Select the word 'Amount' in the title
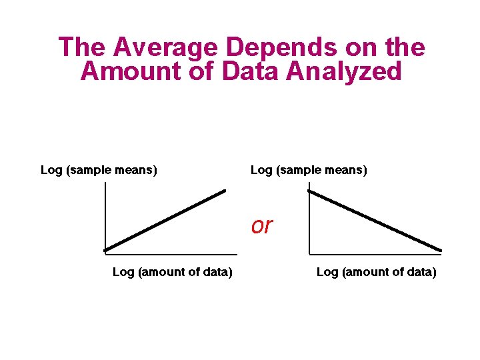point(129,71)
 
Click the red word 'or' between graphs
point(262,226)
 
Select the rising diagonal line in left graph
point(165,221)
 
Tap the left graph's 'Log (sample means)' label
point(99,170)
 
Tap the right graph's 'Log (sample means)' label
point(309,170)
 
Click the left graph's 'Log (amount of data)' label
point(172,272)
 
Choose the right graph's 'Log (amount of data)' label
point(376,272)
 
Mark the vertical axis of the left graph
point(105,213)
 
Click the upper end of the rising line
point(225,191)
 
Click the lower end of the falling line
point(440,251)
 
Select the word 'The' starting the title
point(83,48)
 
